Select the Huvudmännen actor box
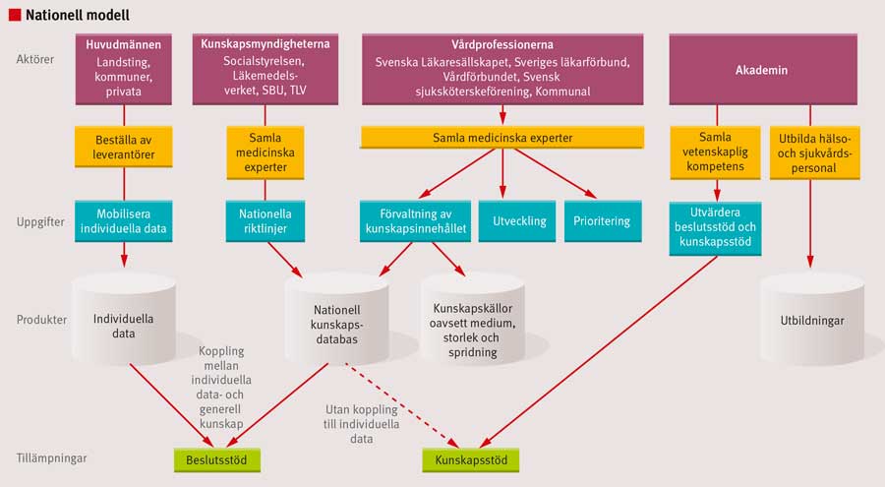[x=125, y=69]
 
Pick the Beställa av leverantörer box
[x=124, y=147]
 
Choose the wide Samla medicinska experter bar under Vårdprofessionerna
[x=502, y=138]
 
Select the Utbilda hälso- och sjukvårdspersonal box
[x=811, y=153]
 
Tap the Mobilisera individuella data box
[x=124, y=221]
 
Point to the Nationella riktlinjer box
[x=261, y=221]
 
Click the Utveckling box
[x=517, y=221]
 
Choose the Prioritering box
[x=603, y=221]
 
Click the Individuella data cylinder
[x=124, y=320]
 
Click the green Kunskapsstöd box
[x=470, y=458]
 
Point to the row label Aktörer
[x=35, y=60]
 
